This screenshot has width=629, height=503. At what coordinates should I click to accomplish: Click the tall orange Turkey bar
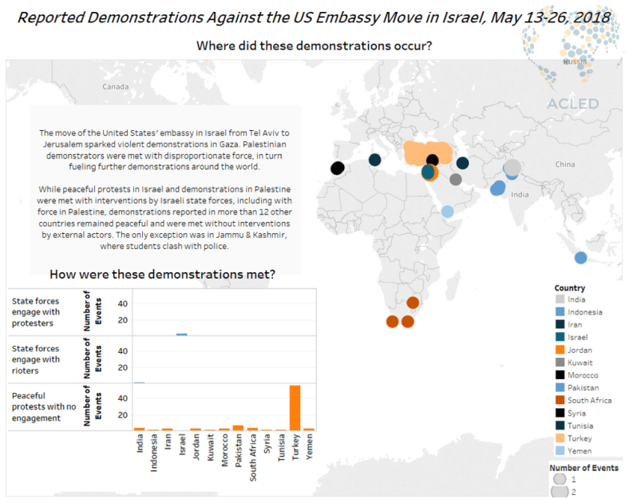295,407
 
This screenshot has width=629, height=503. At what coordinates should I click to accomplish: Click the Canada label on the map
115,86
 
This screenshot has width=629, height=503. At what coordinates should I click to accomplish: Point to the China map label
564,164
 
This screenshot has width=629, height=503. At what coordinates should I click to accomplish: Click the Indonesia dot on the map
580,257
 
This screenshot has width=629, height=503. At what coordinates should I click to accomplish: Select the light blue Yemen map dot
448,212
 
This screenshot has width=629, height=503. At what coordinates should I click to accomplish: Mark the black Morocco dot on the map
337,168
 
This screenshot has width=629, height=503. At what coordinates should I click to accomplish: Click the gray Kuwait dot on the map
456,180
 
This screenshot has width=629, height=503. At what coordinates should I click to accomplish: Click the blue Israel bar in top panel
182,335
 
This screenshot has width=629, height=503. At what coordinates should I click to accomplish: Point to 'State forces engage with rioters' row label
35,359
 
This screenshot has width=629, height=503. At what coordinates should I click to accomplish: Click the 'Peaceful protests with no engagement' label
40,406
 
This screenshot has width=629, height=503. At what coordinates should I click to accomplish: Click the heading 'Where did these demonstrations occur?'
314,46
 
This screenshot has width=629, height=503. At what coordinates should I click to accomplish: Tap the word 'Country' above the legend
569,287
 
